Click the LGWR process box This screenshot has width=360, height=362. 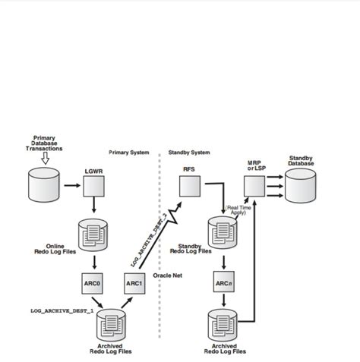click(93, 184)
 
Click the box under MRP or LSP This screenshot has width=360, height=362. click(254, 184)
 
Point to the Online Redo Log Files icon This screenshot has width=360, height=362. click(93, 233)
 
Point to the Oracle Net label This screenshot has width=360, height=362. click(167, 275)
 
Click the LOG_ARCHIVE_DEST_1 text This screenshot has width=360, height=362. click(62, 310)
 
